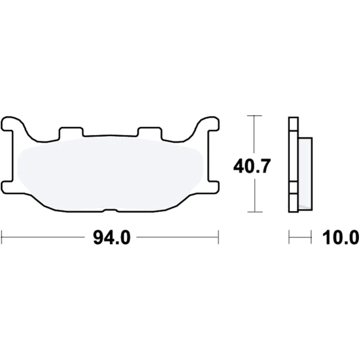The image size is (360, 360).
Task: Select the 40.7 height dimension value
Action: (x=251, y=167)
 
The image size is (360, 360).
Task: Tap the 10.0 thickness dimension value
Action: (x=340, y=238)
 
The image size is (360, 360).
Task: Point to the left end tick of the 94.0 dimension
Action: (x=2, y=238)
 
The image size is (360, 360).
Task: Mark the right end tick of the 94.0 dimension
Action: (x=218, y=238)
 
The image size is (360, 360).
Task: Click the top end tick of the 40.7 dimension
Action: (x=255, y=116)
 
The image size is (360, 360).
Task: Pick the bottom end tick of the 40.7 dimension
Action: (x=255, y=212)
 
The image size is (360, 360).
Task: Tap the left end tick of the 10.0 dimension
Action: (x=289, y=238)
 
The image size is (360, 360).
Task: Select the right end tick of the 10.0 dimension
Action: (x=311, y=238)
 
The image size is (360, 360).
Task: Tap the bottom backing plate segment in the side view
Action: (x=293, y=203)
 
